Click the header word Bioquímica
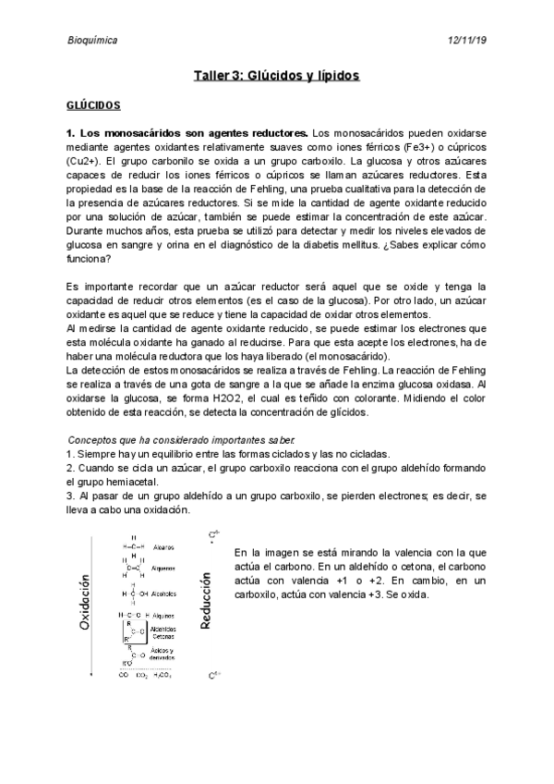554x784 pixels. coord(92,41)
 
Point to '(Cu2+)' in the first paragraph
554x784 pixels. coord(85,162)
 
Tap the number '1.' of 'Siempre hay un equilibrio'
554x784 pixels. coord(70,454)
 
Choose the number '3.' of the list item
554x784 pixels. coord(70,496)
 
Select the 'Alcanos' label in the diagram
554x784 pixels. coord(163,546)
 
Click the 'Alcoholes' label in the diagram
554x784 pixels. coord(166,594)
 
